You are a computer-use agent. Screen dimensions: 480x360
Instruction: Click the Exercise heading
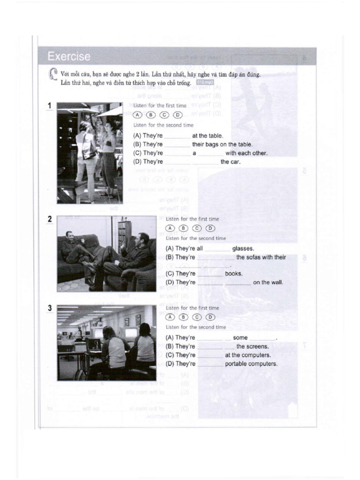point(68,57)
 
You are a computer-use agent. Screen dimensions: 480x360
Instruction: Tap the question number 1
point(49,106)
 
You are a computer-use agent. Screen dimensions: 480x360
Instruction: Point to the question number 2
point(49,219)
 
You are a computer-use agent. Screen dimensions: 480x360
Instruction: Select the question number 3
point(49,308)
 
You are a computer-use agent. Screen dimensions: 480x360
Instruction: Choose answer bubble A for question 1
point(137,115)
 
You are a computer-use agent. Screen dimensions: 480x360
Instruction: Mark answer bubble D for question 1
point(177,115)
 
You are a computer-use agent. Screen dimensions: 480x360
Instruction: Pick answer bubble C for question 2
point(197,228)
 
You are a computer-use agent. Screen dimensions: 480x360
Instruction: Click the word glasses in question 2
point(243,249)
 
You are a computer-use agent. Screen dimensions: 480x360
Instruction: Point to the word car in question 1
point(235,162)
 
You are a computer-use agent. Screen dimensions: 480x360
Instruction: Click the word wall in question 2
point(276,283)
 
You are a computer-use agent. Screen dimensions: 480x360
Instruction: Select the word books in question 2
point(233,274)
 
